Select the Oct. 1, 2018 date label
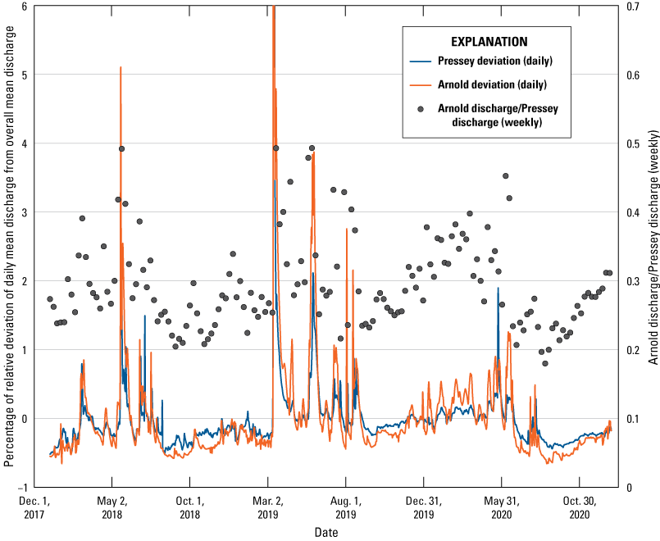(189, 507)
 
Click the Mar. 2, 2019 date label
(267, 507)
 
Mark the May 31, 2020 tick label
(502, 507)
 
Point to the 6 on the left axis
(25, 6)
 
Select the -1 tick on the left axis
(22, 487)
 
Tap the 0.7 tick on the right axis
(631, 6)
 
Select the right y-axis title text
(653, 246)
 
